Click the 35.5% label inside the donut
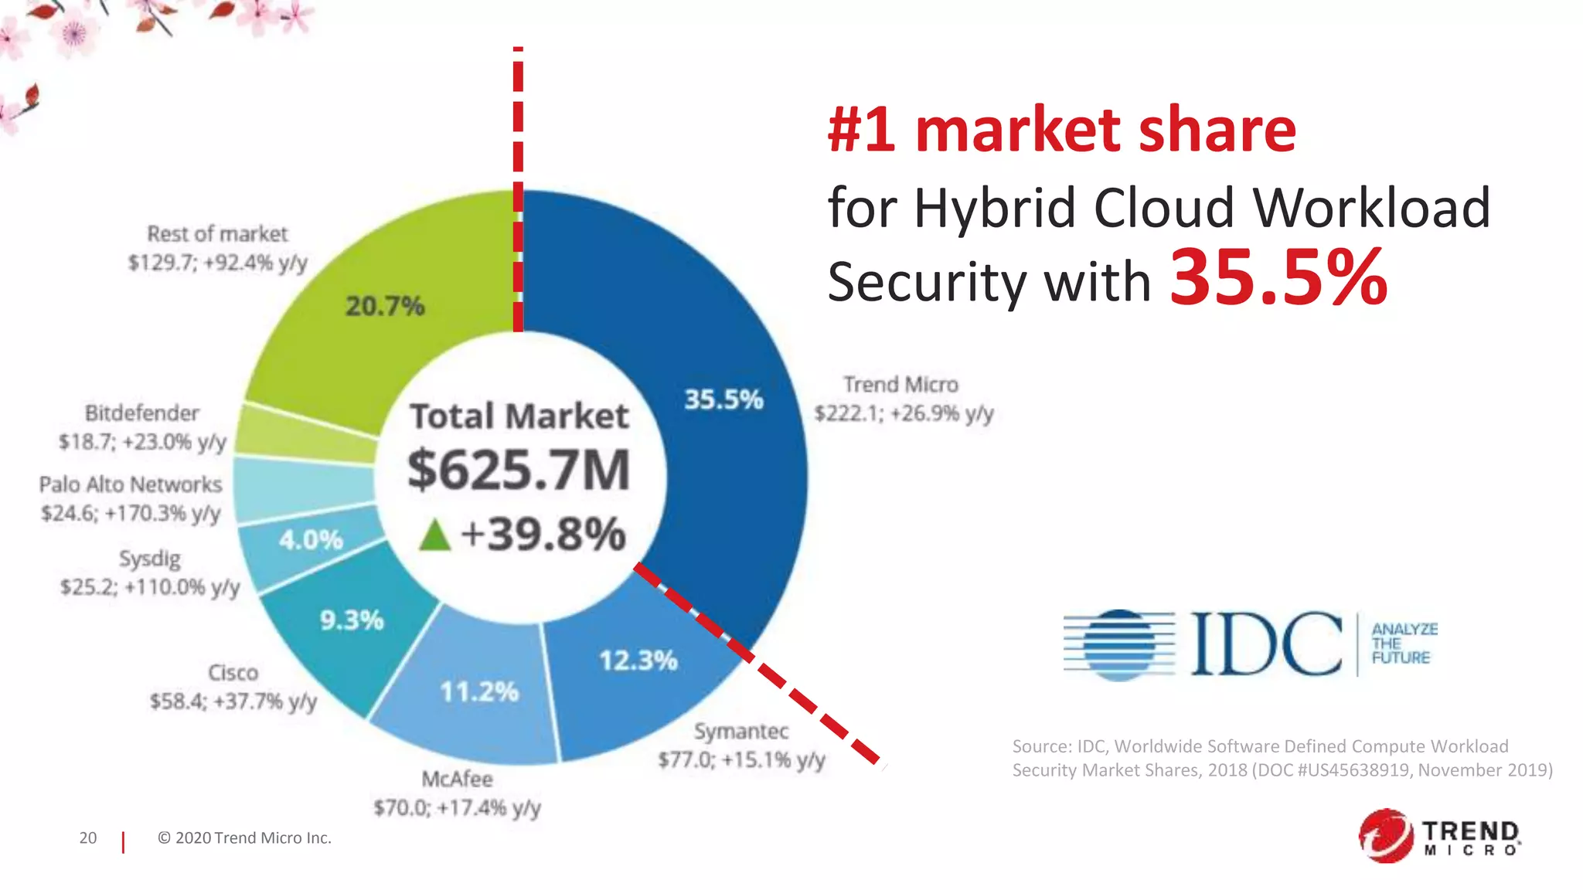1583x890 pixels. [x=723, y=399]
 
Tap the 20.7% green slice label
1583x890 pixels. [x=384, y=306]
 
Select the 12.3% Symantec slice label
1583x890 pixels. [x=638, y=661]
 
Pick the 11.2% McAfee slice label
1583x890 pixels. [x=478, y=691]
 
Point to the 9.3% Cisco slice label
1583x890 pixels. [x=352, y=620]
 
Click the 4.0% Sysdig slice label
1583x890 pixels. [x=311, y=539]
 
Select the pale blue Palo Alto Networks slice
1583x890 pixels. [x=301, y=488]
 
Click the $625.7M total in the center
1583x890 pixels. [x=519, y=470]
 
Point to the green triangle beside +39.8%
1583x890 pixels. [x=434, y=535]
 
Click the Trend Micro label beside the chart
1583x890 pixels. [x=901, y=385]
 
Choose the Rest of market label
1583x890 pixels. [x=217, y=234]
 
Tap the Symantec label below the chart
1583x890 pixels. [x=740, y=731]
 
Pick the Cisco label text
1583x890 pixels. [x=233, y=673]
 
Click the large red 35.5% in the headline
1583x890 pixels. [x=1278, y=278]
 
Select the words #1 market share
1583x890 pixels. [x=1061, y=130]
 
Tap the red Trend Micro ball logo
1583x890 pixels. [x=1386, y=835]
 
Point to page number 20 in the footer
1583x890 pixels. [x=88, y=838]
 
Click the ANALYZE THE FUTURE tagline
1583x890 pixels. [x=1403, y=644]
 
